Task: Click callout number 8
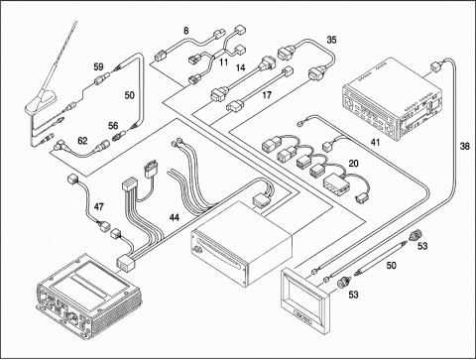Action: point(186,31)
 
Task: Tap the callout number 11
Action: point(224,62)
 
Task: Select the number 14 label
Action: point(241,67)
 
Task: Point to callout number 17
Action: point(267,95)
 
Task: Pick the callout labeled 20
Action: point(353,164)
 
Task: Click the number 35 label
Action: point(331,40)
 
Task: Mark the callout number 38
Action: point(465,146)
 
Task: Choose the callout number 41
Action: point(375,143)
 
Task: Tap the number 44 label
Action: point(175,217)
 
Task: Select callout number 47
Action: point(98,207)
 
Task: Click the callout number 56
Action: point(113,126)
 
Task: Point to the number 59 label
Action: point(98,66)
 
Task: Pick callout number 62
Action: point(82,141)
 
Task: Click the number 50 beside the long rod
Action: point(391,265)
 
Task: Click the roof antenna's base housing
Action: point(41,104)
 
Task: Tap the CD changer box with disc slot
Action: point(242,243)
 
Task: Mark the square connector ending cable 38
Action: point(435,66)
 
